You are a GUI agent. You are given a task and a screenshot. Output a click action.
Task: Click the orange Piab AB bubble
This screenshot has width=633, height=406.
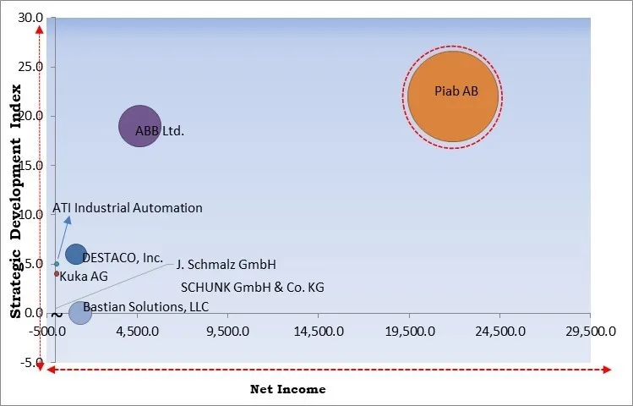(x=454, y=96)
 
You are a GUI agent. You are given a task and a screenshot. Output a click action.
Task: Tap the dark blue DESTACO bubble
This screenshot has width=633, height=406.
(x=75, y=254)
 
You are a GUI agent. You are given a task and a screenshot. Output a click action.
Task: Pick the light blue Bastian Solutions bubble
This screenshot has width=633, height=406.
(x=79, y=312)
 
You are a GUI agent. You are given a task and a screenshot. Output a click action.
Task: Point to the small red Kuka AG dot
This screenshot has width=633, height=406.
(x=57, y=273)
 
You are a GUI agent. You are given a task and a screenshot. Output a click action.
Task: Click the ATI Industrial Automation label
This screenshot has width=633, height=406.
(x=128, y=207)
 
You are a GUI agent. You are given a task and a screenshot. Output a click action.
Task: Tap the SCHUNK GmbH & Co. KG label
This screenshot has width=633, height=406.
(x=252, y=287)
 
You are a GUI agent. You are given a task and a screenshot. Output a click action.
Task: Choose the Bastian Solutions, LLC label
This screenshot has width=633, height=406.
(x=145, y=306)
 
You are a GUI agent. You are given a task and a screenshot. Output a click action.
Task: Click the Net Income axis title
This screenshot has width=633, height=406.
(x=287, y=389)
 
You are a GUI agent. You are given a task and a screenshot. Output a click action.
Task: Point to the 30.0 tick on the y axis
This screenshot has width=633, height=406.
(x=30, y=18)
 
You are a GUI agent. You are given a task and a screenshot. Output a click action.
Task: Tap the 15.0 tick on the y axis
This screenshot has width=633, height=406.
(x=30, y=165)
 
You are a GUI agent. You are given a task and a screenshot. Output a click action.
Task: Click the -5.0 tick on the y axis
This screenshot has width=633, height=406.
(x=30, y=363)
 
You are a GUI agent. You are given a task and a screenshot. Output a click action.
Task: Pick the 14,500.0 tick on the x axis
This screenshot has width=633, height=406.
(x=319, y=331)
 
